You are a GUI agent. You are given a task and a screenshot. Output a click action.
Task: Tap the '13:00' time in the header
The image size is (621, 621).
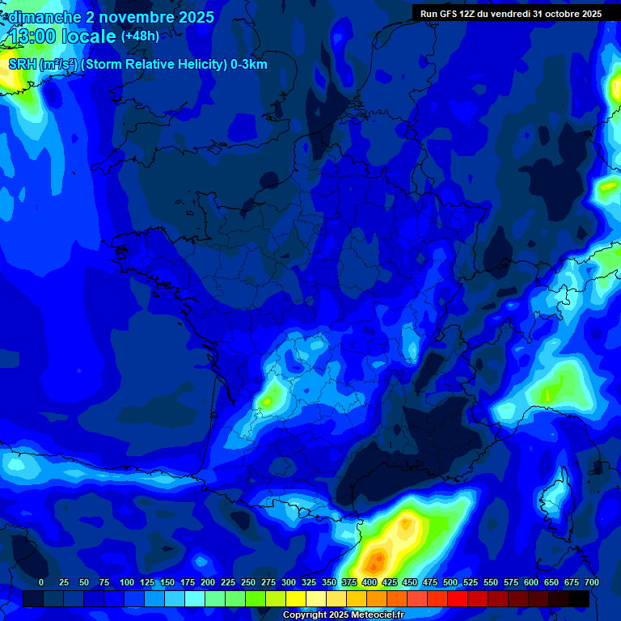click(x=32, y=37)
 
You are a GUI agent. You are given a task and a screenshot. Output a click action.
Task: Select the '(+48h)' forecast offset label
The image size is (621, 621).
click(x=140, y=36)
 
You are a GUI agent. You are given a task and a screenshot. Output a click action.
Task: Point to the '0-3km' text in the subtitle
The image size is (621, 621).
click(x=249, y=65)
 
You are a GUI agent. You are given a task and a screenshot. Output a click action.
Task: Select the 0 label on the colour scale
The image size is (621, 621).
click(x=41, y=582)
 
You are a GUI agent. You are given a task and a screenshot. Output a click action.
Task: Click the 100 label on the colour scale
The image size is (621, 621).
click(x=127, y=582)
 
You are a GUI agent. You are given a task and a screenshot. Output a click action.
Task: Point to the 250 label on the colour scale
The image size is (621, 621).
click(x=248, y=582)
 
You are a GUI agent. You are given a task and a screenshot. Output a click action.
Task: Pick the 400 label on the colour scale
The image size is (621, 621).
click(x=370, y=582)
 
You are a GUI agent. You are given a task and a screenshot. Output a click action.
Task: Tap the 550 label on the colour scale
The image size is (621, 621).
click(x=491, y=582)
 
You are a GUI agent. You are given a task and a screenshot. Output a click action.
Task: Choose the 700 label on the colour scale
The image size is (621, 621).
click(x=592, y=582)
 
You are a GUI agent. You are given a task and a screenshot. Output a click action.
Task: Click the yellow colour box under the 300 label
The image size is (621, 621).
click(x=296, y=598)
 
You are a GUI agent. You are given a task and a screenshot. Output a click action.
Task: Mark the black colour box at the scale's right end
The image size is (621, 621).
click(x=579, y=598)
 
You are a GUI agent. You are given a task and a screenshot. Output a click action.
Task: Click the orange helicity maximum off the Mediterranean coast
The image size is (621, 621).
click(x=374, y=559)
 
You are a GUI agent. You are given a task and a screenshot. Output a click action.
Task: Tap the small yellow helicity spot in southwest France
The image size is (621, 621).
click(x=268, y=398)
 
